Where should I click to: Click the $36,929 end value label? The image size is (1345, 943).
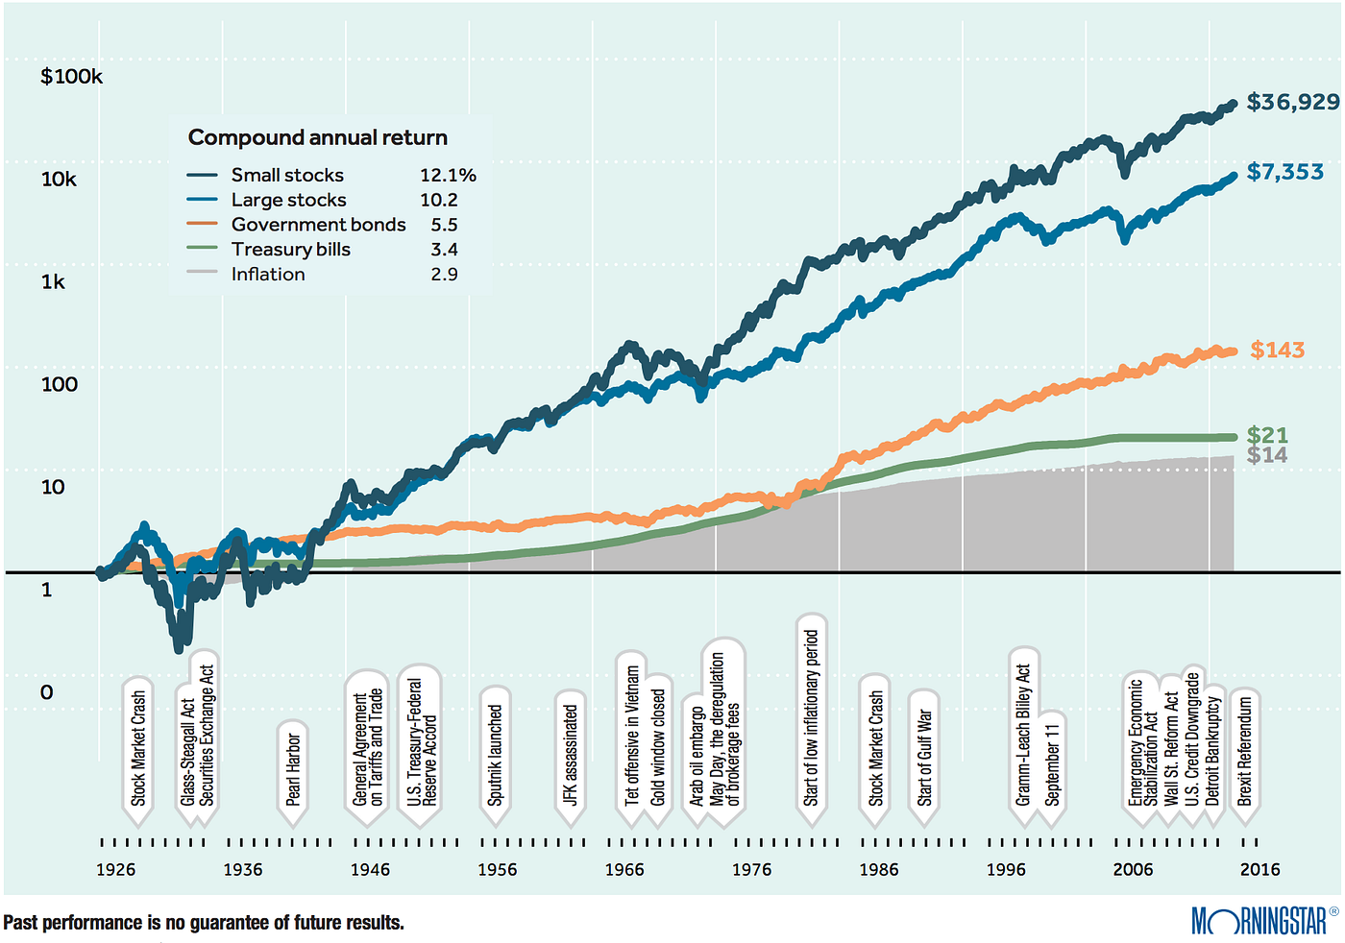tap(1292, 102)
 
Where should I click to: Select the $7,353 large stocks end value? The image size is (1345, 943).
tap(1284, 172)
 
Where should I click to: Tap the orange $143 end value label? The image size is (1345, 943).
tap(1277, 351)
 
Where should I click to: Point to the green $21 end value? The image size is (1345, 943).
tap(1267, 435)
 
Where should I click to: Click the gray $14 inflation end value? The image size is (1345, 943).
tap(1267, 455)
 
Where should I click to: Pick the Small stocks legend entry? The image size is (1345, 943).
tap(286, 175)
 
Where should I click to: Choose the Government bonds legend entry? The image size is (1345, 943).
tap(318, 225)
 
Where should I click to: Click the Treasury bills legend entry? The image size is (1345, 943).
tap(290, 250)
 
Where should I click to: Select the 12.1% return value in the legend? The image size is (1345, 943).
tap(448, 175)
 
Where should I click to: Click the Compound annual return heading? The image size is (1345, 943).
tap(317, 137)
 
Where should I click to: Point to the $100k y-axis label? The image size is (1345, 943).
tap(71, 77)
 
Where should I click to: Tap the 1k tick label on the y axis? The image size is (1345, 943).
tap(53, 282)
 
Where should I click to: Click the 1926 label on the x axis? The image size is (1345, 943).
tap(115, 870)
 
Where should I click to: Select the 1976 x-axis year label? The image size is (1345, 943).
tap(751, 870)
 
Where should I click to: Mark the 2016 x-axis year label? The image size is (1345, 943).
tap(1259, 870)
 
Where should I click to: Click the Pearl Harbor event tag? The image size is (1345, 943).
tap(293, 769)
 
